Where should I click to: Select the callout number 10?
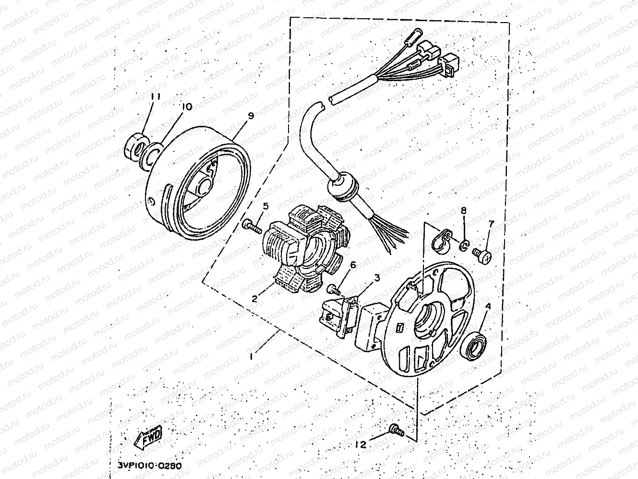tap(187, 107)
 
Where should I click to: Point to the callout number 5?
tap(265, 207)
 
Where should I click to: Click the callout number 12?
tap(361, 444)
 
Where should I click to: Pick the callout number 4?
tap(488, 306)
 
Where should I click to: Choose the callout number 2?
tap(254, 299)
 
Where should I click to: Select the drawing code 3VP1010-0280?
tap(150, 466)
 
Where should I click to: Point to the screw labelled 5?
tap(252, 227)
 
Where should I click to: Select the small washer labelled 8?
tap(464, 246)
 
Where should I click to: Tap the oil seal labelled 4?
tap(474, 346)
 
